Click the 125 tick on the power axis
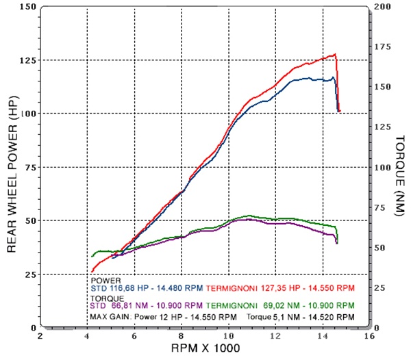click(x=28, y=60)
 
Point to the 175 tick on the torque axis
click(x=382, y=47)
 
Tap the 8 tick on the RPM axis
click(x=182, y=336)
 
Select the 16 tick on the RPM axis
click(x=370, y=336)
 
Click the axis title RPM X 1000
click(x=206, y=348)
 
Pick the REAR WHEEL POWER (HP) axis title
click(x=12, y=174)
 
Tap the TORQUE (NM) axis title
click(x=400, y=176)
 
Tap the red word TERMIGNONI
click(x=232, y=288)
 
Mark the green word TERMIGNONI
click(x=232, y=305)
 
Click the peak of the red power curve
click(x=335, y=55)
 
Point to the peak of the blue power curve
click(x=333, y=77)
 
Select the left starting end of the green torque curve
click(x=92, y=257)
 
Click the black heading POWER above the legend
click(x=105, y=281)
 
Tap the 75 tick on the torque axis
click(x=382, y=207)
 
